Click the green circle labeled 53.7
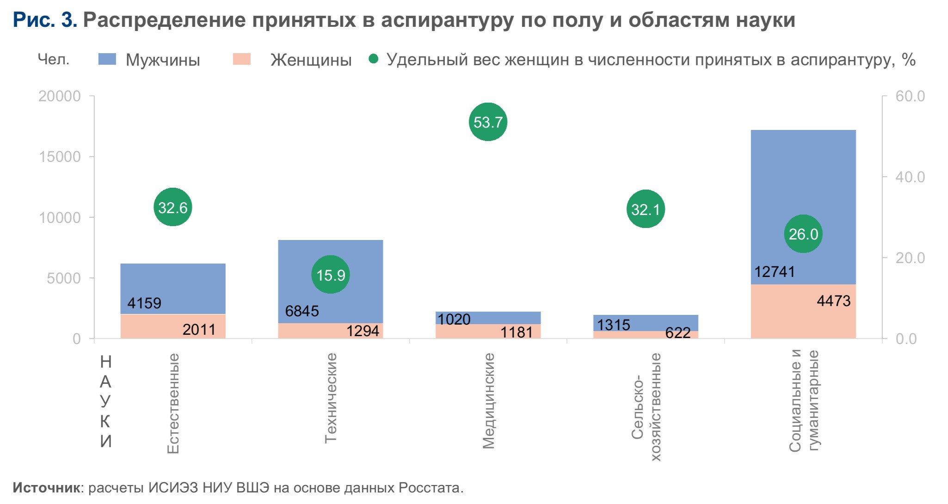click(488, 122)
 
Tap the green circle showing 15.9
click(330, 275)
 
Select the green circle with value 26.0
click(803, 234)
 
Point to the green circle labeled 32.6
click(172, 207)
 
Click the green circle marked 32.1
click(646, 209)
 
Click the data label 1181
click(517, 332)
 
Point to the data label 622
click(678, 333)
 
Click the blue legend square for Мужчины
click(107, 59)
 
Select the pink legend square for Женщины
click(241, 59)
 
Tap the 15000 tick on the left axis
click(60, 157)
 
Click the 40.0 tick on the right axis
click(910, 177)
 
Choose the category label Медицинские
click(488, 401)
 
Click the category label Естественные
click(173, 403)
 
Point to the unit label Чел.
click(54, 59)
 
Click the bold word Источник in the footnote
click(46, 487)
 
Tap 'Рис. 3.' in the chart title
click(45, 20)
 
